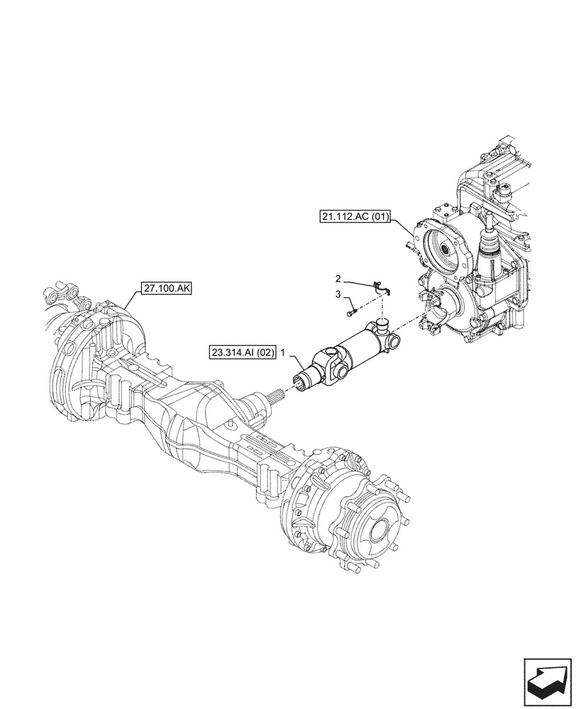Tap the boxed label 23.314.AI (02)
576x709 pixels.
point(242,352)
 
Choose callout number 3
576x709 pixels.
point(339,294)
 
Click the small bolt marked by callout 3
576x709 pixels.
point(351,311)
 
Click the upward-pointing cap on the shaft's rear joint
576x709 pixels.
point(382,324)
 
